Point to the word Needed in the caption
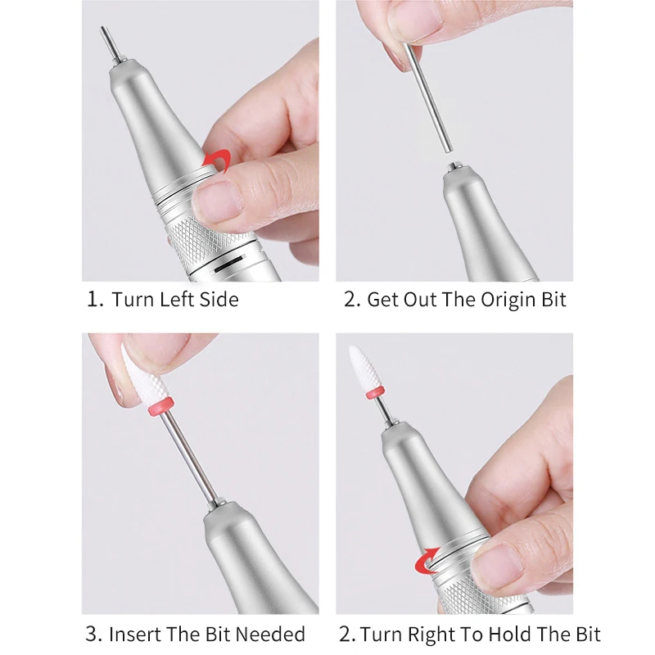click(x=270, y=634)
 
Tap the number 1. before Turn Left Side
click(x=95, y=299)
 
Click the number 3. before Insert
click(x=93, y=634)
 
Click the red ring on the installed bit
click(x=375, y=393)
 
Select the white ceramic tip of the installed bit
click(x=360, y=368)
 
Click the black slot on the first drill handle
click(x=228, y=264)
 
